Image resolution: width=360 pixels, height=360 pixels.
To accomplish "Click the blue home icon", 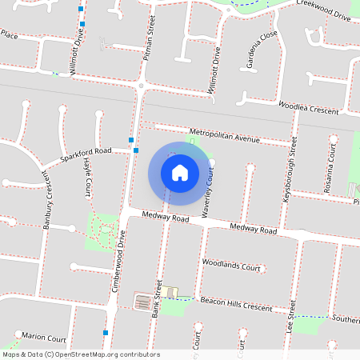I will [180, 172].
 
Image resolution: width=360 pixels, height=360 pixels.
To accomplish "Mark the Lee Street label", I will [293, 317].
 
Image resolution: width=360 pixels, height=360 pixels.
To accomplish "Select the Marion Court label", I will [44, 337].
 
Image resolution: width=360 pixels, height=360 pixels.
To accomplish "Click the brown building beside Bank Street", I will [142, 302].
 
